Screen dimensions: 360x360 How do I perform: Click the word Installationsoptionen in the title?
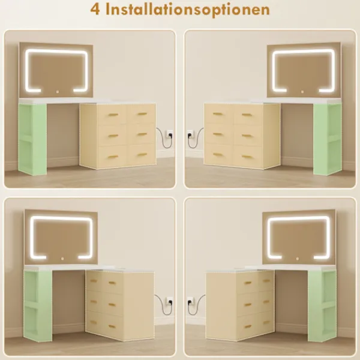pyautogui.click(x=188, y=10)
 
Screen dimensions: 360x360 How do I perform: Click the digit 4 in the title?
pyautogui.click(x=95, y=9)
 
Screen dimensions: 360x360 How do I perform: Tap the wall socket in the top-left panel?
pyautogui.click(x=169, y=133)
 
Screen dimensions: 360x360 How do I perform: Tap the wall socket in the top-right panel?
pyautogui.click(x=190, y=133)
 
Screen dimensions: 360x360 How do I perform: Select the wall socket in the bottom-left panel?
pyautogui.click(x=169, y=300)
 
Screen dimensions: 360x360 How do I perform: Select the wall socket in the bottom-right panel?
pyautogui.click(x=190, y=300)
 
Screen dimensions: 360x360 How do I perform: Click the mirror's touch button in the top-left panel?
pyautogui.click(x=58, y=92)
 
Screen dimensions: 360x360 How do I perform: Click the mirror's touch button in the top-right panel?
pyautogui.click(x=302, y=92)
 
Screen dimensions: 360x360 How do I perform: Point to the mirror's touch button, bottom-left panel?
pyautogui.click(x=62, y=259)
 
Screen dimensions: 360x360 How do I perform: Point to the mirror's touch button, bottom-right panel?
pyautogui.click(x=298, y=259)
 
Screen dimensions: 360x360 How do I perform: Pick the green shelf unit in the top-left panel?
pyautogui.click(x=32, y=139)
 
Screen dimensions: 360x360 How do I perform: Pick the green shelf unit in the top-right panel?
pyautogui.click(x=327, y=139)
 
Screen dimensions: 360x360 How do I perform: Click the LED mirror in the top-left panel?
pyautogui.click(x=56, y=70)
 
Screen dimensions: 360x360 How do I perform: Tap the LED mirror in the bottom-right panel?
pyautogui.click(x=299, y=237)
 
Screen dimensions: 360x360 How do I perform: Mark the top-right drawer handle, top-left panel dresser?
pyautogui.click(x=142, y=114)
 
